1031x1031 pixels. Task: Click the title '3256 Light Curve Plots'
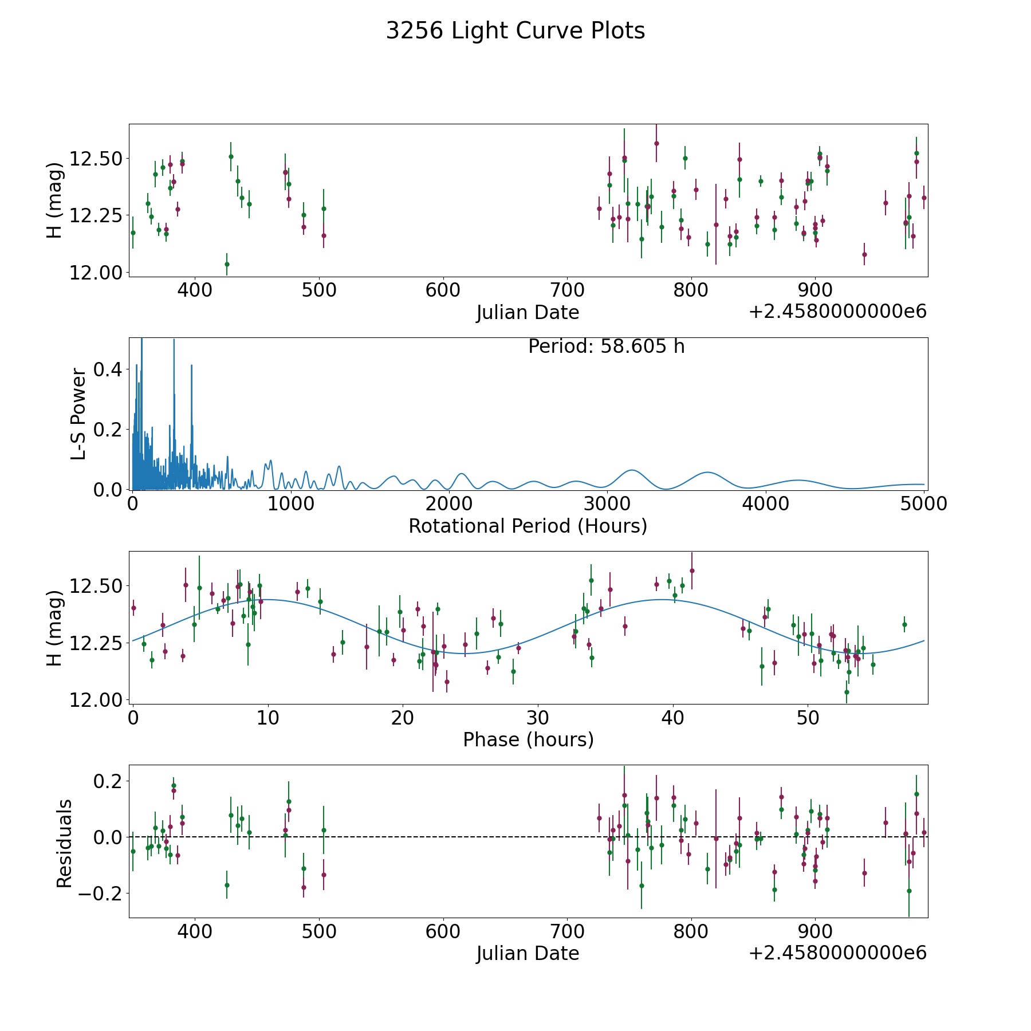515,31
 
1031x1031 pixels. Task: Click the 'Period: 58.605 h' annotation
606,347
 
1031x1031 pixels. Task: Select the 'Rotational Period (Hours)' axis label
528,526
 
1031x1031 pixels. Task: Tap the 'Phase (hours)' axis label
528,739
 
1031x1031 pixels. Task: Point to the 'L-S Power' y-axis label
78,414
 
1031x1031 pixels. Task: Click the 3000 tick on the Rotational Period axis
607,504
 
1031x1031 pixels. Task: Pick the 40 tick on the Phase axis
673,718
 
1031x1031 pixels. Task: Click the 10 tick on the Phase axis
267,718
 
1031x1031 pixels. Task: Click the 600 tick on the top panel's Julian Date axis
443,290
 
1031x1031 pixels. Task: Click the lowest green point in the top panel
227,264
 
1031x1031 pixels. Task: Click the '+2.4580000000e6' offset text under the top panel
837,312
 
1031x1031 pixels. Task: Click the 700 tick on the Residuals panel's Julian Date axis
567,931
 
